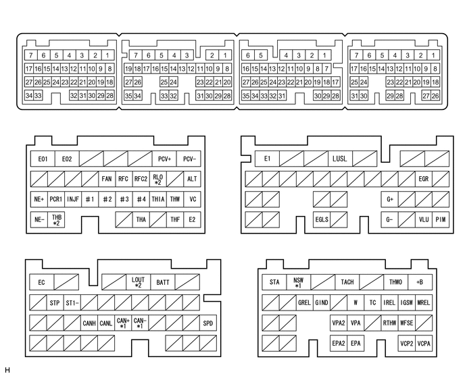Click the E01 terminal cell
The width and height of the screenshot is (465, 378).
(x=43, y=159)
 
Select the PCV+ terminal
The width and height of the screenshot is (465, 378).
(x=164, y=159)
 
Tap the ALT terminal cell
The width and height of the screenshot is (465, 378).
(x=193, y=179)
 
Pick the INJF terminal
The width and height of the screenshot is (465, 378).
(x=73, y=199)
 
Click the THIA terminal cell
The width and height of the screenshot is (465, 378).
(x=158, y=199)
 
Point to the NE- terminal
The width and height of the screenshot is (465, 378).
(x=39, y=219)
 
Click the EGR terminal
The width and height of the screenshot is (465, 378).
(x=423, y=179)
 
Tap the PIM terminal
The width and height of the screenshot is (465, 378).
(x=441, y=219)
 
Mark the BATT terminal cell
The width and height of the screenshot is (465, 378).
(x=163, y=282)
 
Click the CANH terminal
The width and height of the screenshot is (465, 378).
(x=89, y=323)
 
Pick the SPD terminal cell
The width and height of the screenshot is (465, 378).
(x=208, y=323)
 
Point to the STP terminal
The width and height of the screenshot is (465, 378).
(x=55, y=302)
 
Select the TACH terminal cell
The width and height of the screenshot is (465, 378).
(x=347, y=282)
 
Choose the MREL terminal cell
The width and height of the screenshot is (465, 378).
(x=424, y=302)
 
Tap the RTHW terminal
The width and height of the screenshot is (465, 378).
(x=390, y=323)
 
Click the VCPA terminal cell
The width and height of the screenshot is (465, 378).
(x=424, y=343)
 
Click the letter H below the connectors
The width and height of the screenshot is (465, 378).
(x=7, y=371)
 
